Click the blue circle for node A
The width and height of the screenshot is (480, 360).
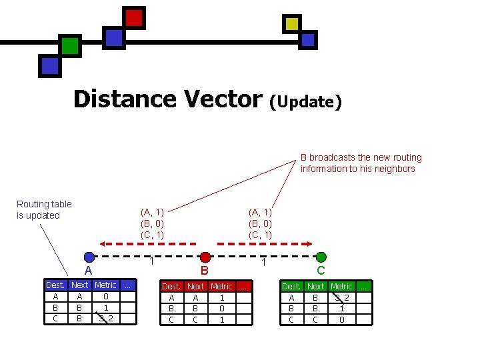pyautogui.click(x=89, y=257)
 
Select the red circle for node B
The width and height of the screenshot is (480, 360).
pyautogui.click(x=205, y=257)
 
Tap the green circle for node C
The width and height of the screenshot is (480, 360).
pyautogui.click(x=321, y=257)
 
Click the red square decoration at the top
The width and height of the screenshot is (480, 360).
pyautogui.click(x=134, y=18)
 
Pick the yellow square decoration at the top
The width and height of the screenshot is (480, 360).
pyautogui.click(x=292, y=24)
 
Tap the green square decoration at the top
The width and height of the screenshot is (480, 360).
pyautogui.click(x=70, y=45)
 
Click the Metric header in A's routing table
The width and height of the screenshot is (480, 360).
pyautogui.click(x=105, y=285)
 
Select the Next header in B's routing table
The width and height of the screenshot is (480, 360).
pyautogui.click(x=195, y=287)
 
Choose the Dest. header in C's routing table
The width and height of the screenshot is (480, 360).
pyautogui.click(x=291, y=287)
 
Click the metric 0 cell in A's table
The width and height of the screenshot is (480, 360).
pyautogui.click(x=105, y=297)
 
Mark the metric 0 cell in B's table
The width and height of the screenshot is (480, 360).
pyautogui.click(x=222, y=309)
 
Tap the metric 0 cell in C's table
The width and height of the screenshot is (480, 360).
pyautogui.click(x=341, y=319)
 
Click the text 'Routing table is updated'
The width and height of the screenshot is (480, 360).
pyautogui.click(x=44, y=209)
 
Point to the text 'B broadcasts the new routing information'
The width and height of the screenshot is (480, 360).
pyautogui.click(x=361, y=163)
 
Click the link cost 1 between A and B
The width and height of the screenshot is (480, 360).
pyautogui.click(x=152, y=261)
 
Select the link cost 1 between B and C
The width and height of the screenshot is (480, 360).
pyautogui.click(x=264, y=262)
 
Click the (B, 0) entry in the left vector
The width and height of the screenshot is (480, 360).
pyautogui.click(x=152, y=223)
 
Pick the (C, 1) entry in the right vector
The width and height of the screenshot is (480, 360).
pyautogui.click(x=260, y=235)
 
